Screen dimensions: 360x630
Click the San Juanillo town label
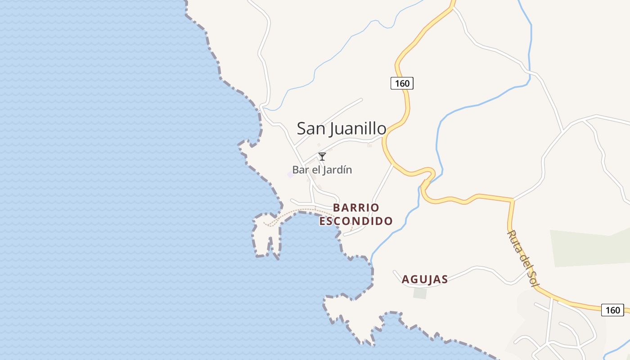[341, 129]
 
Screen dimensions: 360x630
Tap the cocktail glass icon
[322, 157]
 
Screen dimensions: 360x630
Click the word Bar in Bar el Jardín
[300, 170]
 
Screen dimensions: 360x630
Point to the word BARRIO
[356, 208]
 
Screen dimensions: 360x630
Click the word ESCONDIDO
[356, 221]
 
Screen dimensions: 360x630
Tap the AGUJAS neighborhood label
[424, 279]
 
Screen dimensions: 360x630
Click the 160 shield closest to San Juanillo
[401, 83]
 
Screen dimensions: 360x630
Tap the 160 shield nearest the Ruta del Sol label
[612, 310]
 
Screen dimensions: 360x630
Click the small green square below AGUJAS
[420, 293]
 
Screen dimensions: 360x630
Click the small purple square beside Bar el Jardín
[290, 174]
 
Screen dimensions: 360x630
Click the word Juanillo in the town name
[358, 129]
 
